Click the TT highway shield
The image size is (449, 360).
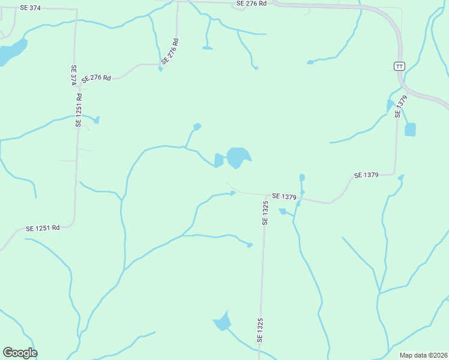(400, 65)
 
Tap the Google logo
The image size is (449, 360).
(20, 353)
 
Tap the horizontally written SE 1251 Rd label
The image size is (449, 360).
(43, 228)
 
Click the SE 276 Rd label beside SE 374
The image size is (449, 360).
(97, 78)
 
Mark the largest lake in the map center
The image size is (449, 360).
(238, 158)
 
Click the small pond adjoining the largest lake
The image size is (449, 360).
(218, 160)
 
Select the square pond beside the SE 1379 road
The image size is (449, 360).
(410, 130)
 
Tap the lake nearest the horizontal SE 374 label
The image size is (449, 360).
(12, 52)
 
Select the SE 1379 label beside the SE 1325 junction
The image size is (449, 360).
(285, 196)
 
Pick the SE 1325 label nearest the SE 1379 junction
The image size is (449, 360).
(265, 213)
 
